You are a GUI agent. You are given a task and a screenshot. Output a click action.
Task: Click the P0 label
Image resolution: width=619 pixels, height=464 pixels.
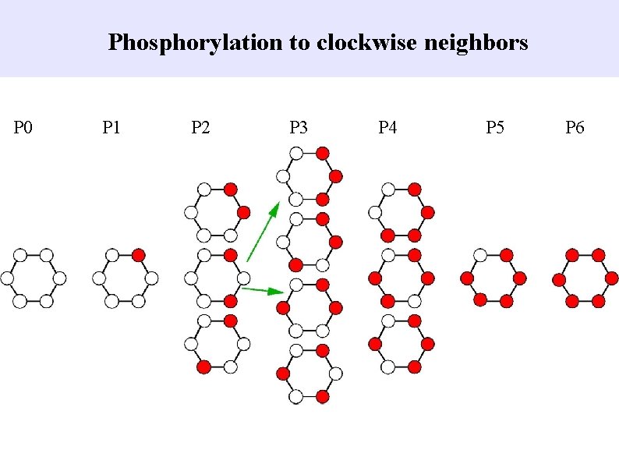(23, 127)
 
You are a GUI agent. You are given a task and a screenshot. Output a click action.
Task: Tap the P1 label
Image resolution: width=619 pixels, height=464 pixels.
(111, 127)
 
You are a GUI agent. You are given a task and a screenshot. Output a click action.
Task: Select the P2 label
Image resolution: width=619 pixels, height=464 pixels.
(200, 127)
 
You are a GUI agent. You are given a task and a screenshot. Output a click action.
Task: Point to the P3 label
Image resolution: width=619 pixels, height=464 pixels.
(299, 127)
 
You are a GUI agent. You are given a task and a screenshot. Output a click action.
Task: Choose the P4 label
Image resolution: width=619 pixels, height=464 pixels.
(387, 127)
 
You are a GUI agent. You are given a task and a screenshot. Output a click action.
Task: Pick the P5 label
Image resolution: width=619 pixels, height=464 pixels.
(495, 127)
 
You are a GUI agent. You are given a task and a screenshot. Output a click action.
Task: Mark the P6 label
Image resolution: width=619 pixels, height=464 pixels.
(575, 127)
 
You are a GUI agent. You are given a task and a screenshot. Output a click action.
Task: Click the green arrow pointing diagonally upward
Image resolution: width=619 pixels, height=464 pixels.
(263, 231)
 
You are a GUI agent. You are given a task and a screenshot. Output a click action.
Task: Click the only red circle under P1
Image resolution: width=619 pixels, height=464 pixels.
(138, 254)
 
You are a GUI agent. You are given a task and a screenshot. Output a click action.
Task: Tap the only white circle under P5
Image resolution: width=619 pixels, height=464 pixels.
(480, 254)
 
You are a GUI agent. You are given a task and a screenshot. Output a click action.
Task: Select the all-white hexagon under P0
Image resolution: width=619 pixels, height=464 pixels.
(34, 278)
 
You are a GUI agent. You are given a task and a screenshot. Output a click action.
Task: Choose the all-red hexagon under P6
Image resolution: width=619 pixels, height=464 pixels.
(585, 278)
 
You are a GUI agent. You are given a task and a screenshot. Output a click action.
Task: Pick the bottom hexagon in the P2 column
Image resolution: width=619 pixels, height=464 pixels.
(217, 343)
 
